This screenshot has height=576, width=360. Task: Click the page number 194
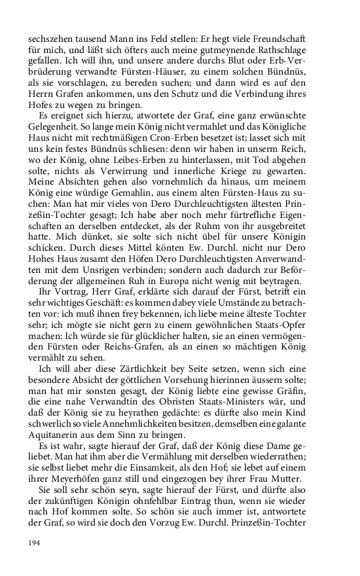34,543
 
